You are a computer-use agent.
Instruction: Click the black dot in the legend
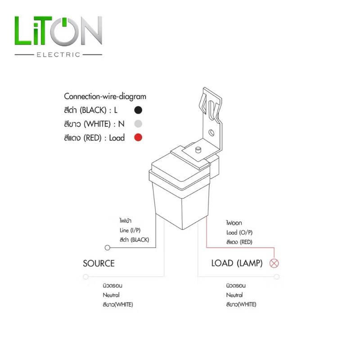pyautogui.click(x=138, y=110)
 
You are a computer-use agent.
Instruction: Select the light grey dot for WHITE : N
pyautogui.click(x=138, y=124)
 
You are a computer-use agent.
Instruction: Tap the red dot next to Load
pyautogui.click(x=138, y=138)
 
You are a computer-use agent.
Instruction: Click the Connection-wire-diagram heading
pyautogui.click(x=105, y=97)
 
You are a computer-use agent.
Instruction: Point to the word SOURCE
pyautogui.click(x=99, y=263)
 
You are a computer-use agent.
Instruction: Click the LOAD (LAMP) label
pyautogui.click(x=237, y=263)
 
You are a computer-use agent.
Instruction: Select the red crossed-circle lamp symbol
pyautogui.click(x=274, y=263)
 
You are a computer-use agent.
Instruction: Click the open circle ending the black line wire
pyautogui.click(x=107, y=248)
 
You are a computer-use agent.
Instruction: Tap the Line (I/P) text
pyautogui.click(x=130, y=230)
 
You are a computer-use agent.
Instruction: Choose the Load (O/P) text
pyautogui.click(x=239, y=233)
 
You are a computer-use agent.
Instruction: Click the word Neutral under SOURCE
pyautogui.click(x=111, y=295)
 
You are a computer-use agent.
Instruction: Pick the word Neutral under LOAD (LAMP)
pyautogui.click(x=234, y=295)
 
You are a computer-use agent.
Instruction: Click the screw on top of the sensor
pyautogui.click(x=198, y=150)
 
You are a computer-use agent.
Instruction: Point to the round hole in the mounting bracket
pyautogui.click(x=211, y=132)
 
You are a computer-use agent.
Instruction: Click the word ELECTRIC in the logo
pyautogui.click(x=58, y=54)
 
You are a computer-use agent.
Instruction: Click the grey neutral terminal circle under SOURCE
pyautogui.click(x=85, y=277)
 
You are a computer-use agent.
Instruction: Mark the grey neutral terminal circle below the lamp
pyautogui.click(x=277, y=277)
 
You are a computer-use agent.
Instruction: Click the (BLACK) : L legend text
pyautogui.click(x=99, y=110)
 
